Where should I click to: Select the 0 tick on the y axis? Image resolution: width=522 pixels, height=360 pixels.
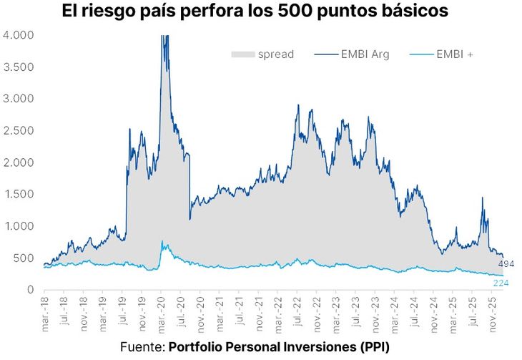tap(30, 290)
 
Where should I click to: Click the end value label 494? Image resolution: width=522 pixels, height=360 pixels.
tap(506, 264)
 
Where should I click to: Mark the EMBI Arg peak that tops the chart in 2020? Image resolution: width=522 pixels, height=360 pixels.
tap(165, 37)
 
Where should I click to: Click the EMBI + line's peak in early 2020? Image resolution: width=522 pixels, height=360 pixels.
tap(162, 242)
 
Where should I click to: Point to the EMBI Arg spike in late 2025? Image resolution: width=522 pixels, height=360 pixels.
tap(483, 199)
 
